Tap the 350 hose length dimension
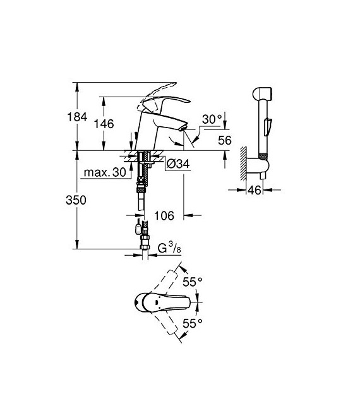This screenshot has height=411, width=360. (x=76, y=200)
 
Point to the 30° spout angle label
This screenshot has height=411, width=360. (x=212, y=119)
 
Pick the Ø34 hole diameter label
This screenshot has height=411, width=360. (x=179, y=165)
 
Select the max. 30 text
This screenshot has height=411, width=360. (x=104, y=173)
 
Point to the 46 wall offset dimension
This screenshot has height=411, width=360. (x=254, y=189)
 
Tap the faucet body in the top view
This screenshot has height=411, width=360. (x=155, y=303)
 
